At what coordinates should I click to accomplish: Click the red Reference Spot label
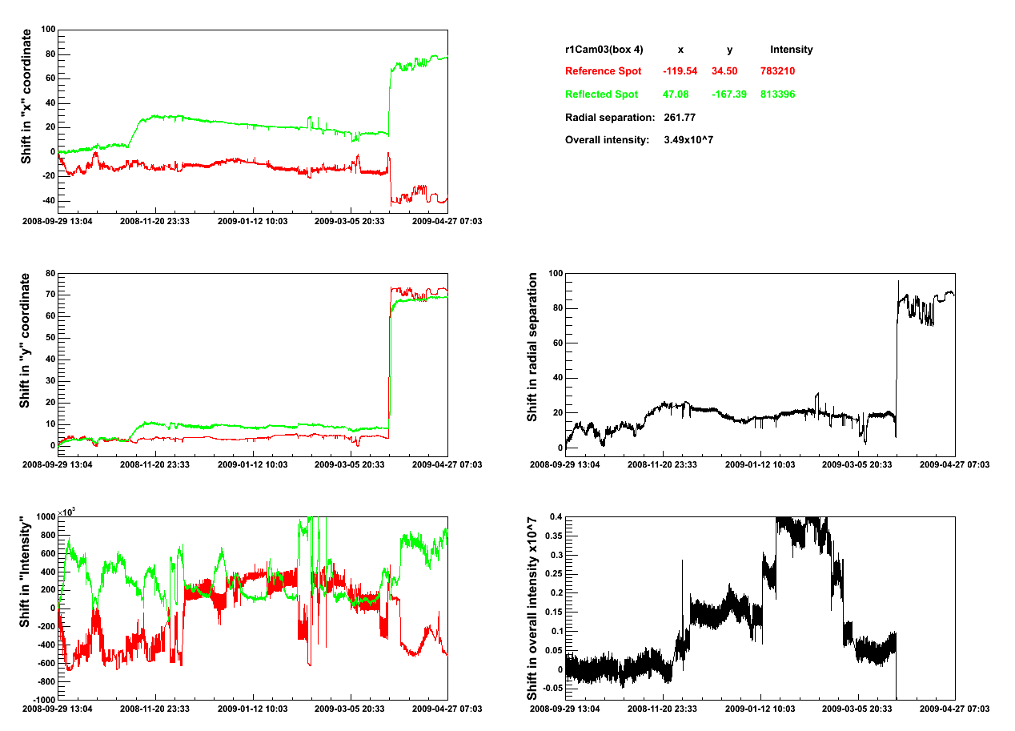click(603, 71)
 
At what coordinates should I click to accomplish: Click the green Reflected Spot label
click(601, 94)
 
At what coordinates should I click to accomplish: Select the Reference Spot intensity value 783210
click(777, 71)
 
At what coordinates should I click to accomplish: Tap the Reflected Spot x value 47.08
click(676, 94)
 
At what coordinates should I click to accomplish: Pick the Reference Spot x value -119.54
click(680, 71)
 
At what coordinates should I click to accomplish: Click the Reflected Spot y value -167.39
click(729, 94)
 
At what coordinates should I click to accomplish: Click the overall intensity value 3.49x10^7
click(688, 140)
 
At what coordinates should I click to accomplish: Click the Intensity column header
click(791, 50)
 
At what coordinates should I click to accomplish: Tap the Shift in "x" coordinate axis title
click(27, 96)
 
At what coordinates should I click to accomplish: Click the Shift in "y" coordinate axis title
click(27, 340)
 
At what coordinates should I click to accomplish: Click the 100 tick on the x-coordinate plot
click(46, 30)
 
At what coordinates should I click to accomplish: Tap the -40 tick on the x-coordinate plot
click(46, 200)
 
